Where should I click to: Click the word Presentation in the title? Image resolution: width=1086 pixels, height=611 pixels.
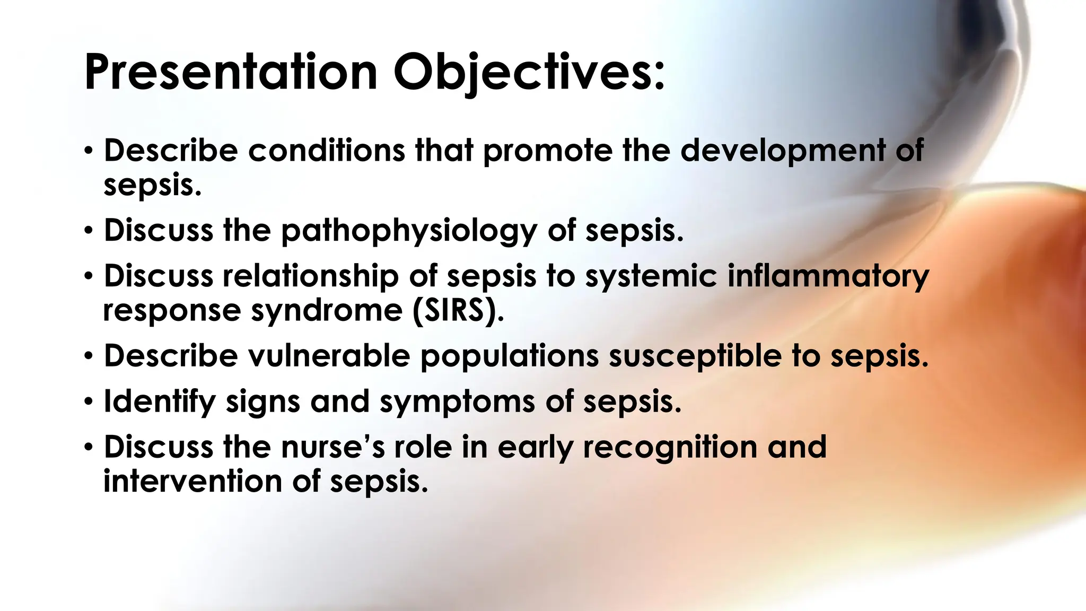(x=230, y=72)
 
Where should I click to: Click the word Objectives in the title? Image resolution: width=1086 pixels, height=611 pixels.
(x=528, y=72)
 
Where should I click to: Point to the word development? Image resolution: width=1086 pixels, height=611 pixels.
(x=783, y=151)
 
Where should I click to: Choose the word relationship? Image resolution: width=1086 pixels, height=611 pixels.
(x=310, y=276)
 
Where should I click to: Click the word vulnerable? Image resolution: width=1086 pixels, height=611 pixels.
(x=329, y=355)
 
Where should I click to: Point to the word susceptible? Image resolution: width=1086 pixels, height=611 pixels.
(x=695, y=356)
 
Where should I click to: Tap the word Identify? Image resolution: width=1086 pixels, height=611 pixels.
(x=160, y=402)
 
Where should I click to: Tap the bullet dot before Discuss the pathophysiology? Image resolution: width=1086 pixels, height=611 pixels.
(x=89, y=231)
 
